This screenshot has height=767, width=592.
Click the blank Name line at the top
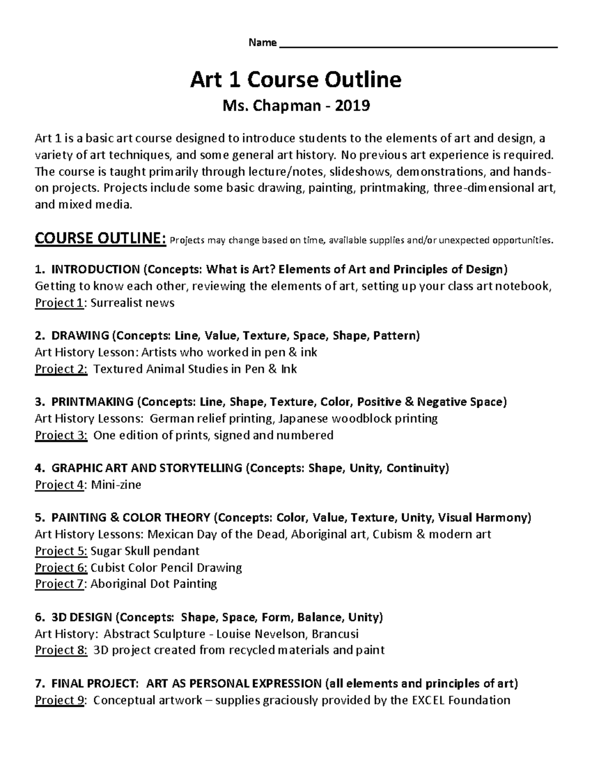point(418,45)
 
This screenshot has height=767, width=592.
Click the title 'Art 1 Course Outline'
point(296,80)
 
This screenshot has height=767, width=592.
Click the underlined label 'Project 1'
point(58,303)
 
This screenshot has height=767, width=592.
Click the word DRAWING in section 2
point(79,336)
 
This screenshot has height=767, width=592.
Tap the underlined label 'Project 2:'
point(61,369)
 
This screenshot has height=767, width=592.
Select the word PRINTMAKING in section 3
point(92,402)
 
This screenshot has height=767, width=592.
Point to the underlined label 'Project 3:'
point(61,435)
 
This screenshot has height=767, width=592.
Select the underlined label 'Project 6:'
point(61,567)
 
